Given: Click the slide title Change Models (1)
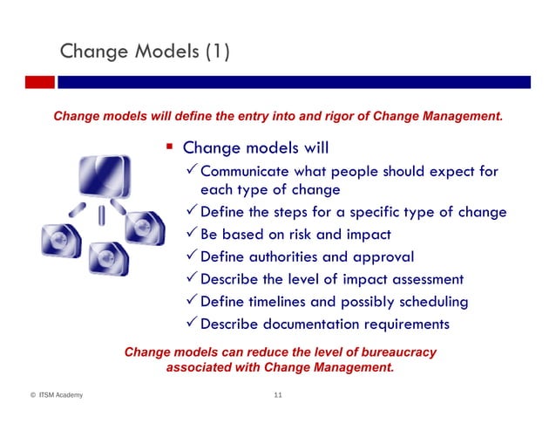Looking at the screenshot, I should click(145, 53).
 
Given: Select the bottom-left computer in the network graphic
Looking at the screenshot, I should click(58, 238).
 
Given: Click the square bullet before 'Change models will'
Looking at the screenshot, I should click(171, 147).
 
